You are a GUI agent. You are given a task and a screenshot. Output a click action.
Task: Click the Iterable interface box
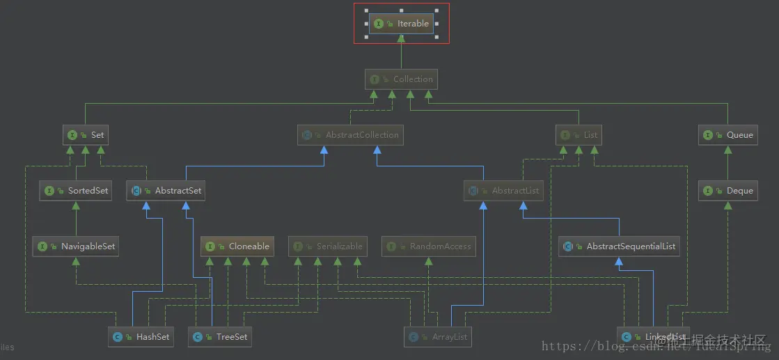(x=401, y=23)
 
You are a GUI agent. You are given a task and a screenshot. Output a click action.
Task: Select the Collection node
(x=401, y=79)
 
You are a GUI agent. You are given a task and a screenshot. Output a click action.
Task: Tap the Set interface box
(x=86, y=134)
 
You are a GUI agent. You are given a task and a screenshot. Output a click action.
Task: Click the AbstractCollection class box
(x=350, y=134)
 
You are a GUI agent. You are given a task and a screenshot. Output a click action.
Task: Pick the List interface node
(x=579, y=134)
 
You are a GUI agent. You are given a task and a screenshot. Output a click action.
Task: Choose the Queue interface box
(x=727, y=134)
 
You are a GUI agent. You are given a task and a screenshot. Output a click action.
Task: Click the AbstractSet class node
(x=166, y=190)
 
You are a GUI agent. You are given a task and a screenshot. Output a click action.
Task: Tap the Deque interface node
(x=727, y=190)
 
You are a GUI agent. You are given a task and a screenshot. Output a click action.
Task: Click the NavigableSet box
(x=76, y=246)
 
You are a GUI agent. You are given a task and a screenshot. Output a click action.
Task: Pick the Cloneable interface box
(x=237, y=246)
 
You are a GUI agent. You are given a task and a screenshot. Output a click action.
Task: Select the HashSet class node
(x=143, y=336)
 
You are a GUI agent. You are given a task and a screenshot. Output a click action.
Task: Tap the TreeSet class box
(x=220, y=336)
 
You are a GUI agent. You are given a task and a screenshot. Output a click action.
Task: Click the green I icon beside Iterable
(x=379, y=24)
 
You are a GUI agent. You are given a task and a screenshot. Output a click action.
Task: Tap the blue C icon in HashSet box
(x=118, y=337)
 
